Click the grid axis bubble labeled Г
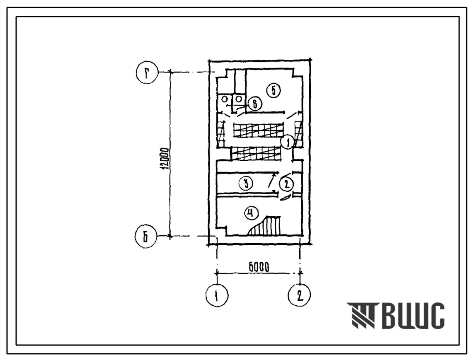coord(147,72)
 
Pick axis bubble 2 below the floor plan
coord(299,295)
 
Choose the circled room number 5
coord(274,90)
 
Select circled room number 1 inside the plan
coord(288,142)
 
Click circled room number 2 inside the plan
coord(286,184)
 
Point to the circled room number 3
coord(246,183)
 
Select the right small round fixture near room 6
coord(239,99)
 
